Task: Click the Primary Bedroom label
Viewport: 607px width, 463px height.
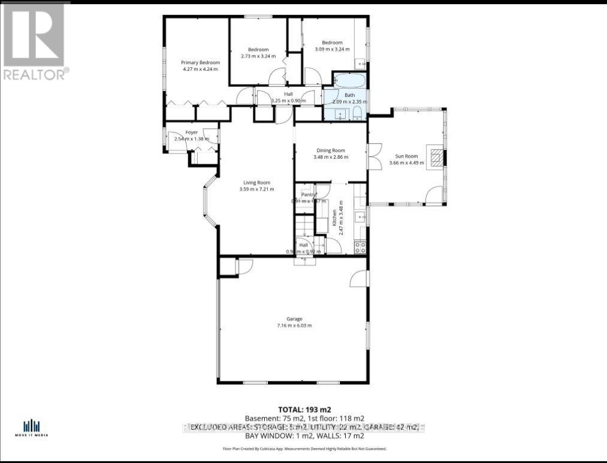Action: click(201, 62)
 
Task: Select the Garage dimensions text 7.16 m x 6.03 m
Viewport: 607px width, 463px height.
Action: click(294, 325)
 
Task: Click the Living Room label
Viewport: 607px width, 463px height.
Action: click(256, 183)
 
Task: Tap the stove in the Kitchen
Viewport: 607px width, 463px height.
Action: click(360, 246)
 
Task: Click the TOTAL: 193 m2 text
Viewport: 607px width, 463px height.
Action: click(304, 408)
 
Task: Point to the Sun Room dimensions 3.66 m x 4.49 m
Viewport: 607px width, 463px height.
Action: click(406, 163)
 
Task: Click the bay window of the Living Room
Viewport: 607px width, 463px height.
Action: click(209, 202)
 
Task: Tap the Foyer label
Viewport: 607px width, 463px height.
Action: click(191, 132)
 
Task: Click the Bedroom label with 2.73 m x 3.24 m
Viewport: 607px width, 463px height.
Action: click(258, 50)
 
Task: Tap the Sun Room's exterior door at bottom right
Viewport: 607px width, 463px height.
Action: click(435, 195)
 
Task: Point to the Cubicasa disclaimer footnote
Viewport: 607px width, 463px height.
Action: click(304, 448)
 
